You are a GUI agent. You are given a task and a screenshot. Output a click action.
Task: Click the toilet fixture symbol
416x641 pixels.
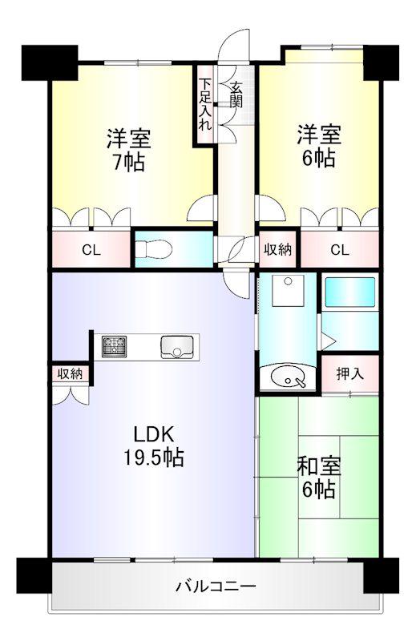click(x=153, y=249)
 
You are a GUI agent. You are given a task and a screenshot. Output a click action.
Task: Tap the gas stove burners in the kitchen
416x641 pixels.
click(x=114, y=347)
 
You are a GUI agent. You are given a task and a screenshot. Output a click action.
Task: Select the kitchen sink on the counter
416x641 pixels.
click(x=176, y=347)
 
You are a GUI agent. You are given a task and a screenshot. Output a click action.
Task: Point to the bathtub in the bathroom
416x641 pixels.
click(x=349, y=293)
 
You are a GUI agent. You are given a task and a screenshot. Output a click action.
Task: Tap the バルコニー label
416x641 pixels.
click(x=216, y=587)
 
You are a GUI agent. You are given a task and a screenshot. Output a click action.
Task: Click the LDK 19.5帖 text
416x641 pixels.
click(x=154, y=446)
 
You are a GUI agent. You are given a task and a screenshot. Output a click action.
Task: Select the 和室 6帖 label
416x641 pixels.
click(x=319, y=478)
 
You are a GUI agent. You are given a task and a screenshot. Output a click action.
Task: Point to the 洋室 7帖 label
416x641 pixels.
click(x=129, y=150)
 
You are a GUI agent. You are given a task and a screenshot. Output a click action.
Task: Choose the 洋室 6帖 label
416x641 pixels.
click(x=319, y=147)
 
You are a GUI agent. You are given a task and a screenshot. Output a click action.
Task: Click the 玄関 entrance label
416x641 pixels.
click(x=236, y=95)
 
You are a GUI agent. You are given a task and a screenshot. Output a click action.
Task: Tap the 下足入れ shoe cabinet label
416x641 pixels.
click(x=205, y=104)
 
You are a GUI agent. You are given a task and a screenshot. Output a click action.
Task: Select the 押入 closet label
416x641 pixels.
click(x=349, y=373)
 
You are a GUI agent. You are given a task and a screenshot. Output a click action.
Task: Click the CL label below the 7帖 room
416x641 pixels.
click(x=91, y=250)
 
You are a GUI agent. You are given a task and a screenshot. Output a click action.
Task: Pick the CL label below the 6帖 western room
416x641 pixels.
click(x=340, y=249)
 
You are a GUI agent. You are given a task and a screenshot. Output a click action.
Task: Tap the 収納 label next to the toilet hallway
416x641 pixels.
click(x=278, y=249)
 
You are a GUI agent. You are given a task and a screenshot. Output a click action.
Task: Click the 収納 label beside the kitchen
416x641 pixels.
click(x=70, y=373)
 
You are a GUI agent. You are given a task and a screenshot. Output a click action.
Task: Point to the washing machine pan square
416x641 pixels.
click(x=289, y=291)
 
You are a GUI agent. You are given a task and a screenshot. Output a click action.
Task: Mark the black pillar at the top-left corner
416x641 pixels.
click(x=50, y=62)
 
